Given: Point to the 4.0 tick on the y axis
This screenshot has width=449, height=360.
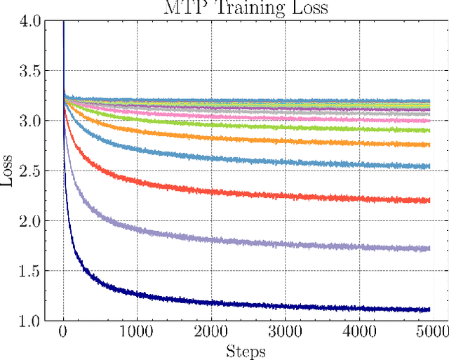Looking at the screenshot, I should click(32, 21).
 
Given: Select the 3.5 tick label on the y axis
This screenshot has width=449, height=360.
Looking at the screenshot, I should click(32, 71).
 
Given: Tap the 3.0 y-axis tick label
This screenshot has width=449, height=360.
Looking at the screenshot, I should click(32, 121).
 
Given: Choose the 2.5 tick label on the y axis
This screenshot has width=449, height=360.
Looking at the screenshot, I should click(32, 171).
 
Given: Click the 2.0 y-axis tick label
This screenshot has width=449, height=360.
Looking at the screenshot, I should click(32, 221).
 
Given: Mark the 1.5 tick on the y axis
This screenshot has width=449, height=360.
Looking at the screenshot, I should click(32, 271).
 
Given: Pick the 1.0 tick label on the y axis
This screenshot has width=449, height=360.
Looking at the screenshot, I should click(32, 321).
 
